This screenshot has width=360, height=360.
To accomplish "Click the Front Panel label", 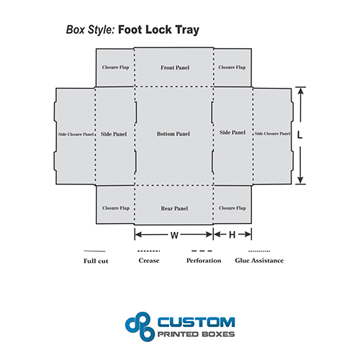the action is (175, 68).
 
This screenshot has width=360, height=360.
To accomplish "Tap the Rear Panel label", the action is (174, 208).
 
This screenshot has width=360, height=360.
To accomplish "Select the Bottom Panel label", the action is (174, 134).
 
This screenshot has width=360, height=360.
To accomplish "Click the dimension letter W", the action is (174, 235).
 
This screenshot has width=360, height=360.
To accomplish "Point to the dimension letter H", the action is (232, 235).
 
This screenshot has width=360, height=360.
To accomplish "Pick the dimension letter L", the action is (300, 135).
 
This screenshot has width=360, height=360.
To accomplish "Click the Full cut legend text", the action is (96, 261).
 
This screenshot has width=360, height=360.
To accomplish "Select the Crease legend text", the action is (149, 261).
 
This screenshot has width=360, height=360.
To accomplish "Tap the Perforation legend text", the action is (204, 261).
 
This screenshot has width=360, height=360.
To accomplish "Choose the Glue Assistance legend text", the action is (259, 261).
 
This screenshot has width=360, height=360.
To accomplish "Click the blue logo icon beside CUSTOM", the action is (140, 326).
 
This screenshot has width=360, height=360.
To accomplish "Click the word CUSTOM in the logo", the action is (196, 322).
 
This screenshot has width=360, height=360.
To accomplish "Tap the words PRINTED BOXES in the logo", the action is (196, 334).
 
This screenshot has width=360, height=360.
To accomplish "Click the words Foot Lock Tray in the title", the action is (158, 30).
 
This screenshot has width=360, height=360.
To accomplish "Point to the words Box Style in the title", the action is (91, 30).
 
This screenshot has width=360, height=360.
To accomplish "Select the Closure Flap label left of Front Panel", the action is (115, 67).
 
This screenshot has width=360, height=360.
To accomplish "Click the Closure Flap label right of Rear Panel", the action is (232, 208).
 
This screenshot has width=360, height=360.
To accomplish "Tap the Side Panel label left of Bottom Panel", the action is (114, 134).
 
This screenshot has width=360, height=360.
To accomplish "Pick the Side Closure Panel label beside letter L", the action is (272, 133).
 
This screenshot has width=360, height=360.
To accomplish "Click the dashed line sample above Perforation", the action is (202, 251).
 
